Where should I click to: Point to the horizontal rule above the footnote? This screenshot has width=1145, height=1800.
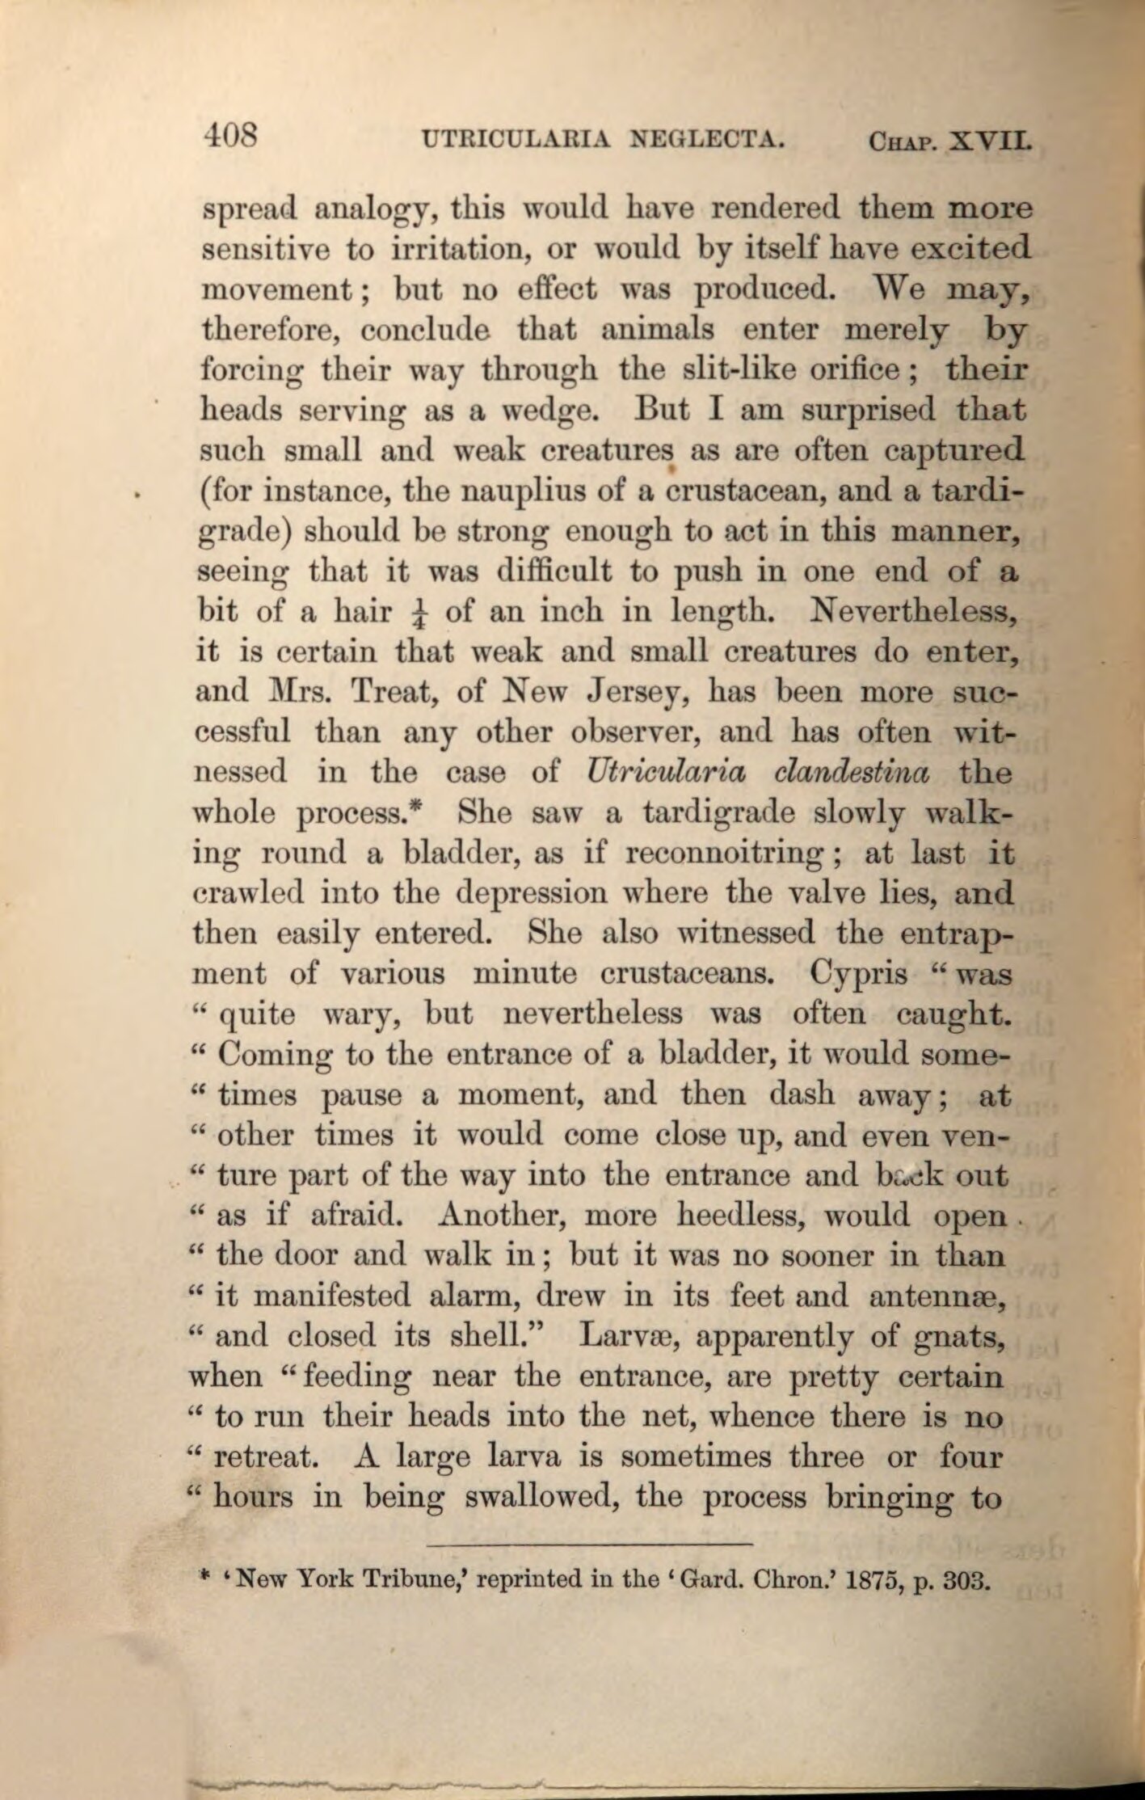[x=589, y=1545]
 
